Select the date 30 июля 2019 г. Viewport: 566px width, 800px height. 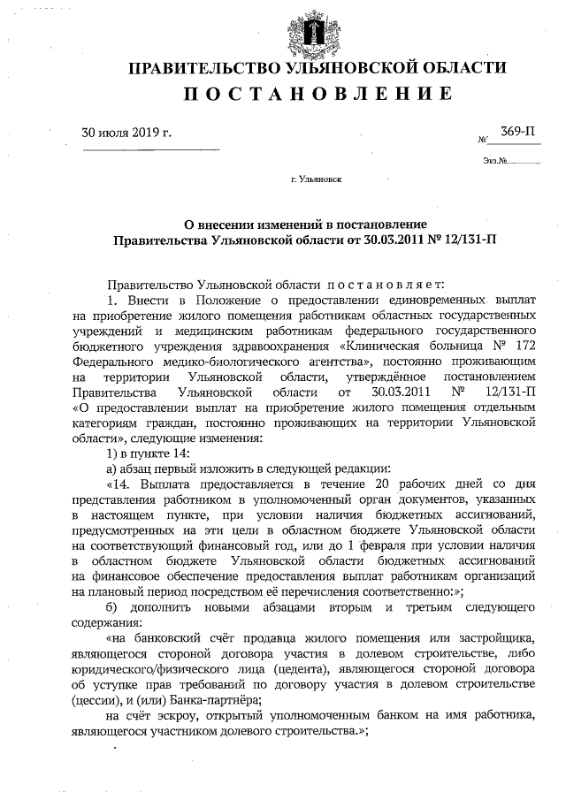pos(126,133)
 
